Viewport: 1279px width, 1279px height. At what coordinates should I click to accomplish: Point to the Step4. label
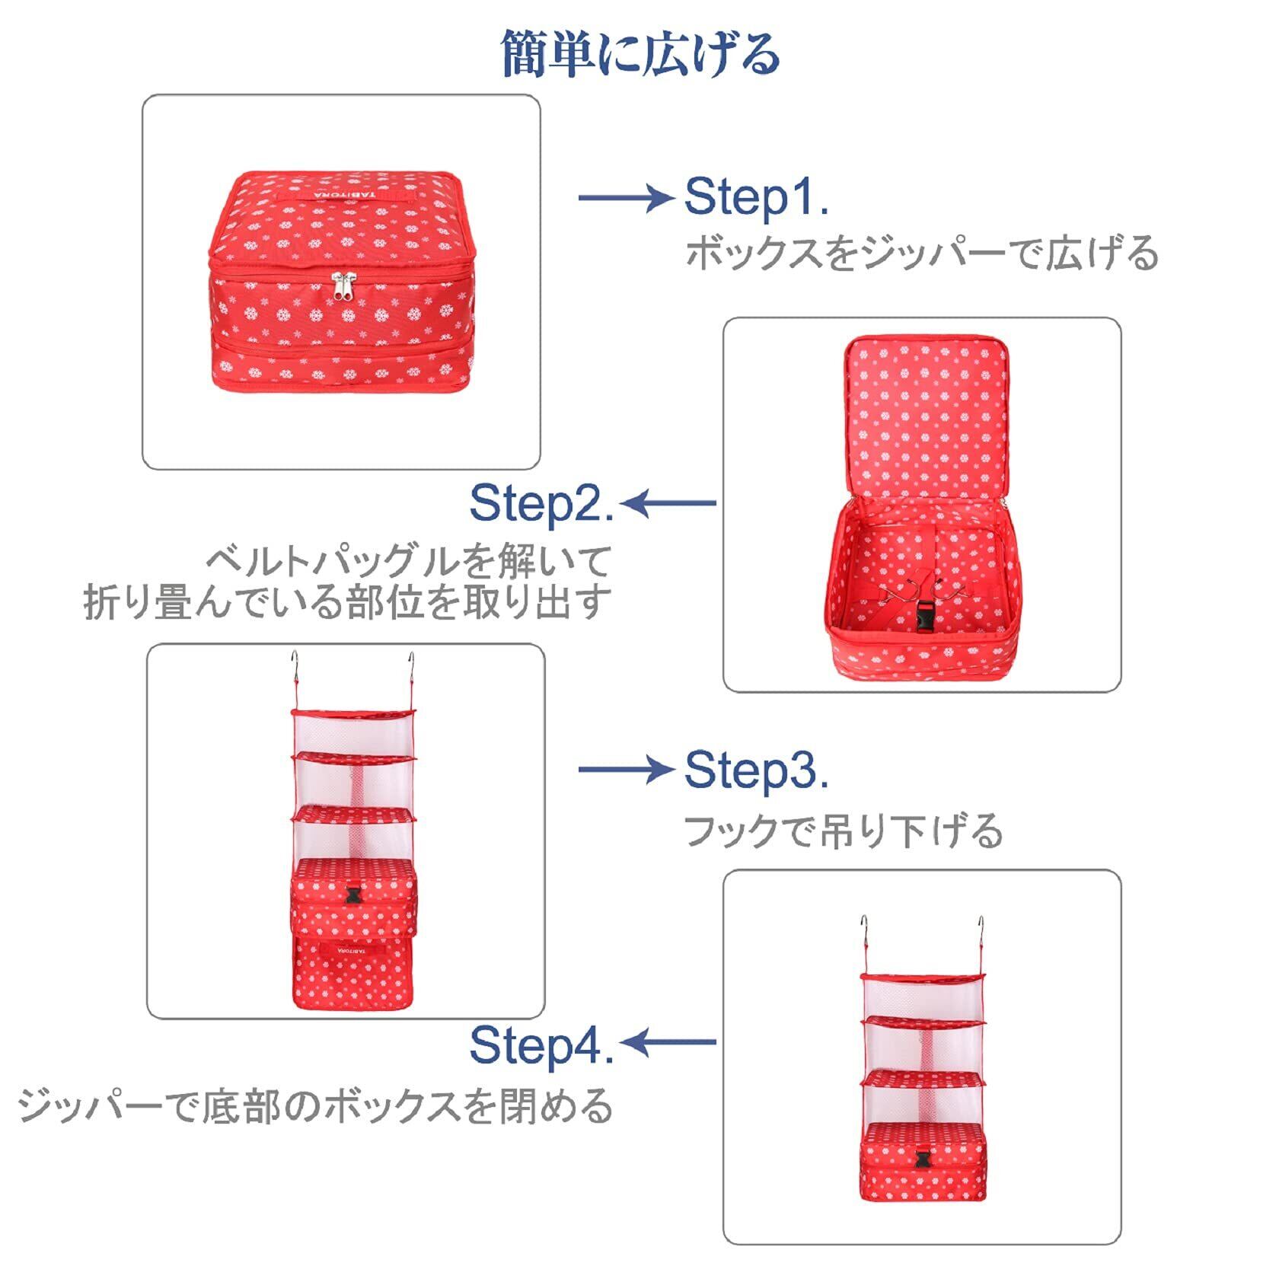coord(541,1045)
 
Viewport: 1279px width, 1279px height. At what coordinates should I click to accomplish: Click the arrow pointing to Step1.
coord(626,198)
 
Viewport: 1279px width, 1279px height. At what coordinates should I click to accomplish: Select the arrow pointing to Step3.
coord(626,769)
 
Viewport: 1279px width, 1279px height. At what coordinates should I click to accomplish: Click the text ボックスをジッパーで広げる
coord(921,254)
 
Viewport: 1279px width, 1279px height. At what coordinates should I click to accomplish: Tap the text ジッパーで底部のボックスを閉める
coord(315,1105)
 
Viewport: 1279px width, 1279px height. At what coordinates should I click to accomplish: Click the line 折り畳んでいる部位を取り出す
coord(347,601)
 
